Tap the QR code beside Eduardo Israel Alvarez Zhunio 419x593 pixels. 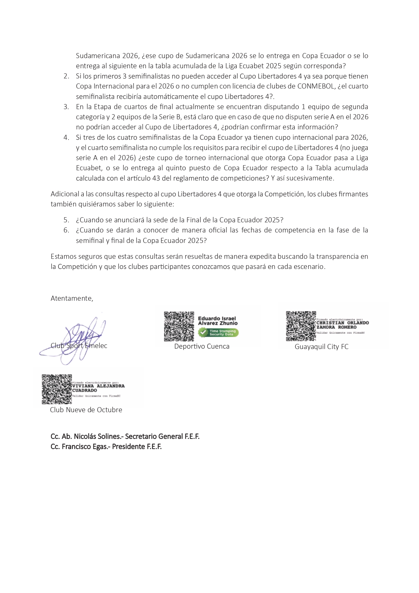(179, 326)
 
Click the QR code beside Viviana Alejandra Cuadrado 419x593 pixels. (57, 389)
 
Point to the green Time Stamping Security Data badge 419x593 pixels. (218, 333)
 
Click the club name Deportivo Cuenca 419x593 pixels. (202, 346)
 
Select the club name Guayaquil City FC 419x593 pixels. (321, 347)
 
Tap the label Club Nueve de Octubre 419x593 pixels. (86, 410)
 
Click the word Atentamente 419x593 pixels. (72, 298)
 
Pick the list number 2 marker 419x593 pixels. (66, 76)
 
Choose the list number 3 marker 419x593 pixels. (66, 107)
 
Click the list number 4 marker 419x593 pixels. (66, 138)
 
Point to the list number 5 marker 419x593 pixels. (66, 220)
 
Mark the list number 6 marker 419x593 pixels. (66, 230)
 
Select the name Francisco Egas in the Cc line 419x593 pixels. (83, 446)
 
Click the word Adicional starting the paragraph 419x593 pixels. (64, 194)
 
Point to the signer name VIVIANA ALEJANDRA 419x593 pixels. (98, 386)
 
